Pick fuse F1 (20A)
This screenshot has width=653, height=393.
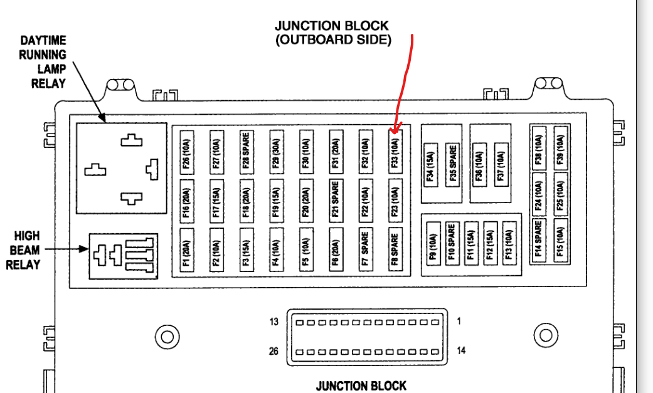point(186,249)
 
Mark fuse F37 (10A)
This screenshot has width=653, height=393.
point(501,165)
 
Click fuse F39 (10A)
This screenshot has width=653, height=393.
point(560,151)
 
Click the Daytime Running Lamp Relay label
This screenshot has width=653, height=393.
point(43,62)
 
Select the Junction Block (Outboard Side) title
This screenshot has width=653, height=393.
point(332,33)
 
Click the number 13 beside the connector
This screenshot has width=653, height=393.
point(274,322)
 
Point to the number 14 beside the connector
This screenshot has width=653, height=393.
point(461,350)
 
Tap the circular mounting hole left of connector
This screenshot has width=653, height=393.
point(167,337)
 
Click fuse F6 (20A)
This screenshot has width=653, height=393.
point(336,249)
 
